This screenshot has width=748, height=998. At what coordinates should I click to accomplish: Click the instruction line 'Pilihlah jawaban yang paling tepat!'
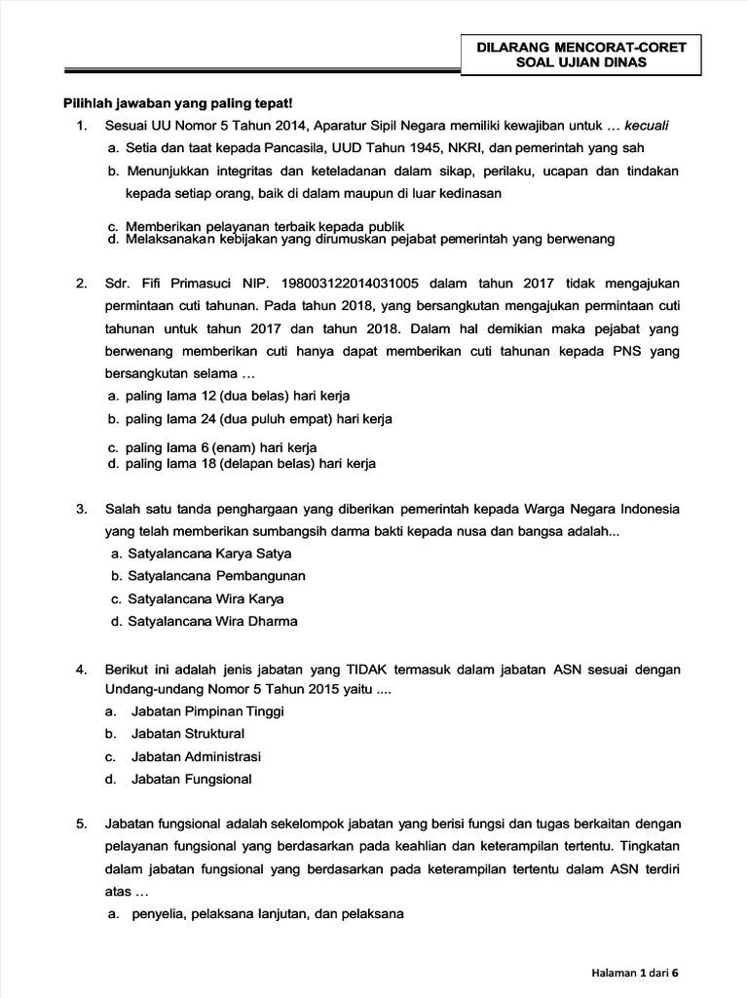[x=176, y=102]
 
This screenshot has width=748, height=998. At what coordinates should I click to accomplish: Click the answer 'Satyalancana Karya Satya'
[x=196, y=553]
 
